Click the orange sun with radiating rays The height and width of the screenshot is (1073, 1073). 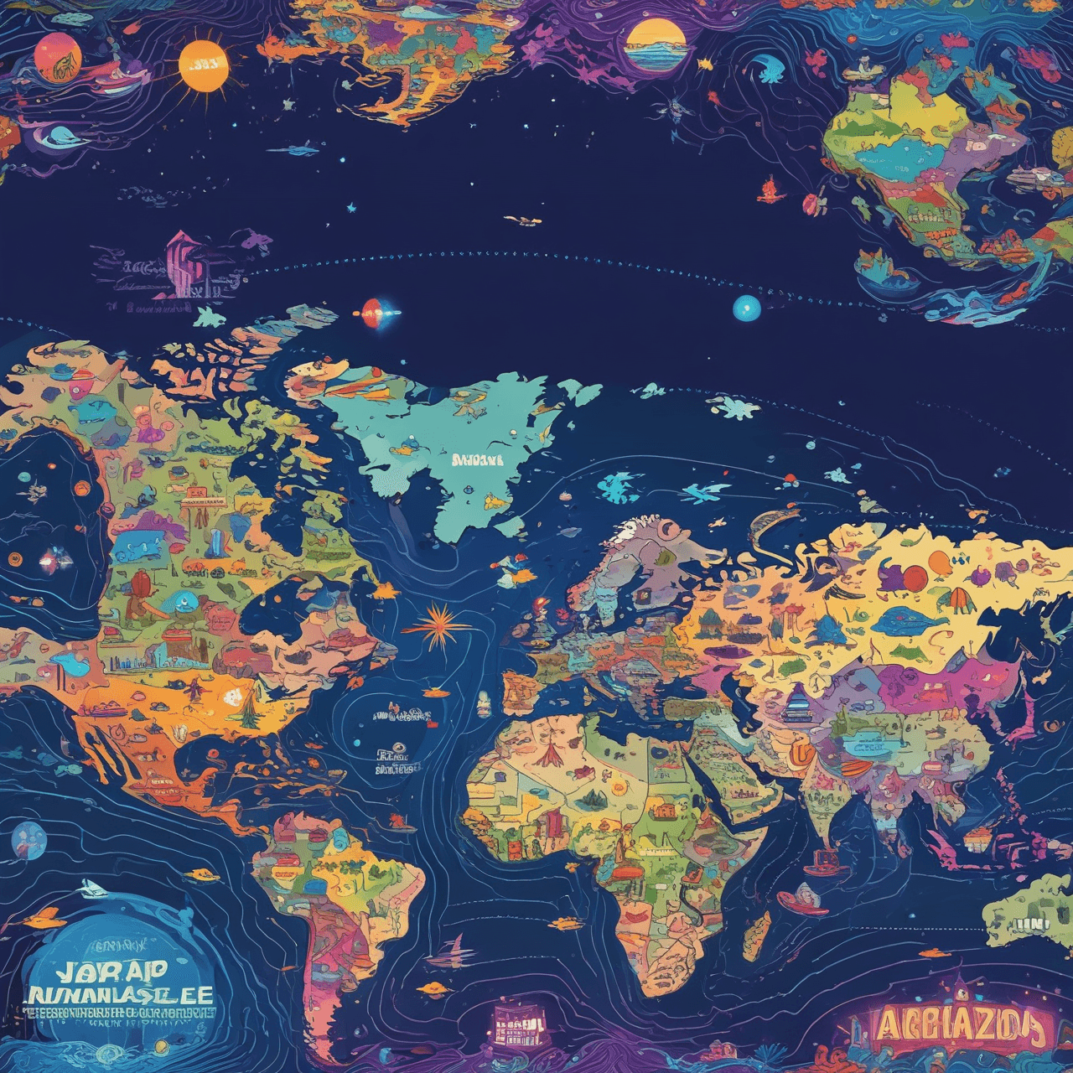point(204,66)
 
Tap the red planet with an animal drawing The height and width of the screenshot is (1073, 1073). point(57,59)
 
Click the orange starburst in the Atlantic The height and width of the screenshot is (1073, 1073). point(441,630)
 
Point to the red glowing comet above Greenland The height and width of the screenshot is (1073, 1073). point(373,311)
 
